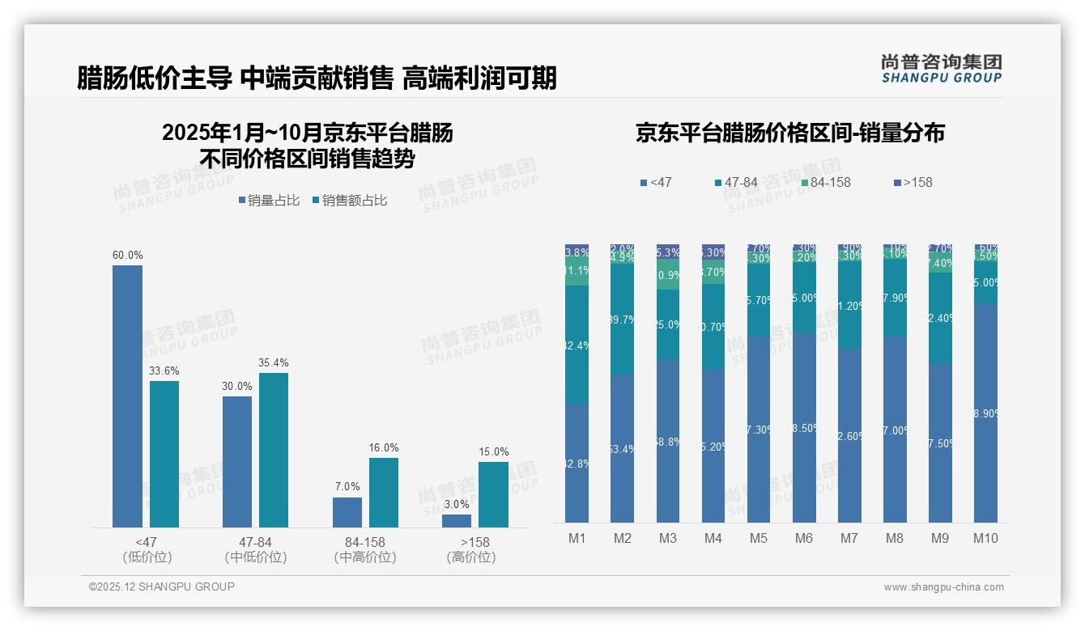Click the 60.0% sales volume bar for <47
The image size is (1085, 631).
[x=127, y=396]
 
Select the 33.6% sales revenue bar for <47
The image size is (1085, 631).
[x=164, y=454]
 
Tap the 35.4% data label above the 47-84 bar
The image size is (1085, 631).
[x=273, y=362]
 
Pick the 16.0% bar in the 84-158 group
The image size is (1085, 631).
[x=384, y=493]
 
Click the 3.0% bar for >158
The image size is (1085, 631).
[x=457, y=521]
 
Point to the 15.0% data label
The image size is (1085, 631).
[x=493, y=451]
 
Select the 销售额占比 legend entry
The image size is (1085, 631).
[x=349, y=201]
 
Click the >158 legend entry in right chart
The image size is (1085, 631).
[x=913, y=183]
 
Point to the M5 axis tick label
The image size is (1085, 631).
[x=758, y=539]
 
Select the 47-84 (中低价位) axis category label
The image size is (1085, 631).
[x=256, y=549]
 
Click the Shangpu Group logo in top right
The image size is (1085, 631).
[x=941, y=68]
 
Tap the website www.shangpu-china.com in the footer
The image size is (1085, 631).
[x=943, y=587]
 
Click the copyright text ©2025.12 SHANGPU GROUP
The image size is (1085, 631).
[x=162, y=587]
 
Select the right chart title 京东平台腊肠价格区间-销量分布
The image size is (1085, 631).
[x=789, y=133]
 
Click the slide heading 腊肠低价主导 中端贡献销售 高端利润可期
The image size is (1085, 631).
[x=317, y=78]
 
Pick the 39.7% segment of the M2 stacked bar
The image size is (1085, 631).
[x=622, y=320]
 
